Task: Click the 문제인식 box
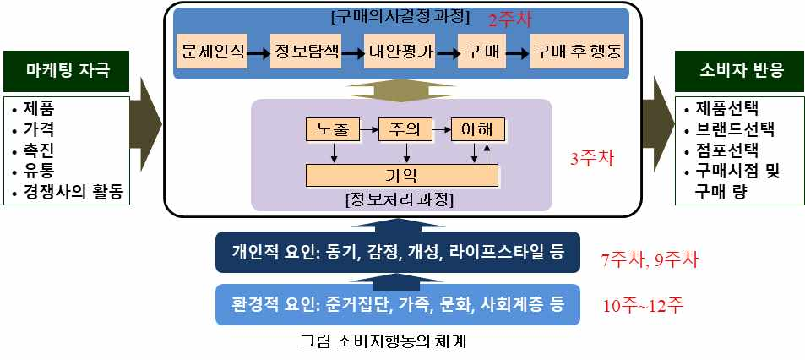(x=212, y=52)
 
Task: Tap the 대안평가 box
(x=400, y=52)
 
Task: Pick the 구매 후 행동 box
(x=577, y=52)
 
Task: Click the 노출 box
(x=332, y=130)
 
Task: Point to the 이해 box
(x=477, y=130)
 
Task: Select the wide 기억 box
(x=401, y=176)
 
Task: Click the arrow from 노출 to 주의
(x=368, y=130)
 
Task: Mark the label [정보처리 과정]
(x=400, y=200)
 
